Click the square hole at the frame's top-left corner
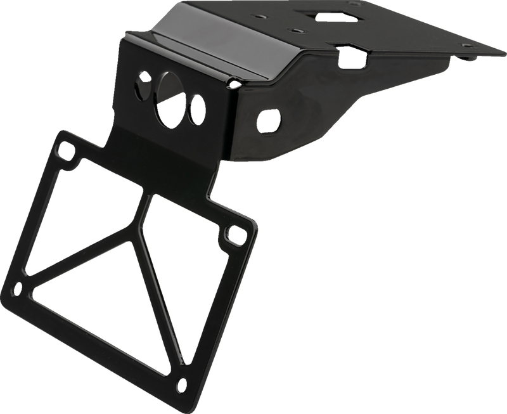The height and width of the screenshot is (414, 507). tap(64, 152)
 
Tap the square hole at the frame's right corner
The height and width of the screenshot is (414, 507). tap(234, 233)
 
